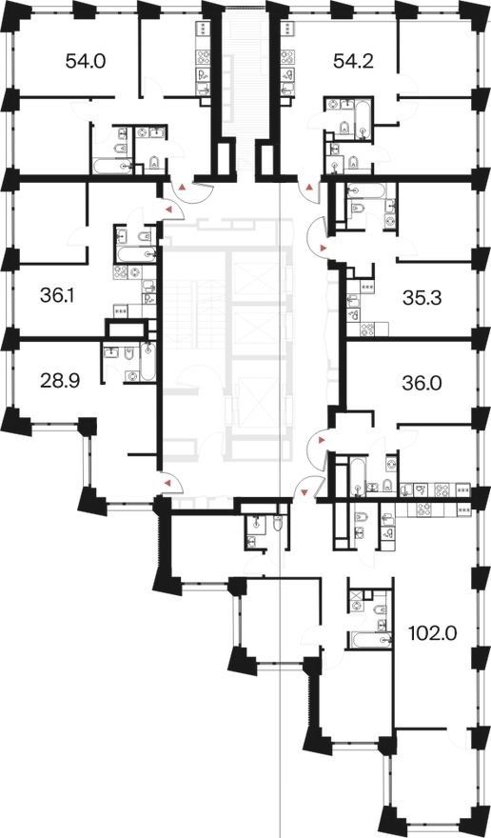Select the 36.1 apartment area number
[58, 294]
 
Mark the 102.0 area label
[433, 634]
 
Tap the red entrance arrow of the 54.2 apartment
[310, 187]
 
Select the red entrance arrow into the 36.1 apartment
[168, 210]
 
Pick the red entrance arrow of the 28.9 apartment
[168, 483]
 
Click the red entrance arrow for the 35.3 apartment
[322, 248]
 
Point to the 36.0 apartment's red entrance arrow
[322, 439]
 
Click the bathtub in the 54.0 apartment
[112, 166]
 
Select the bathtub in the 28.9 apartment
[148, 362]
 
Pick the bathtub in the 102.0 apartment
[370, 640]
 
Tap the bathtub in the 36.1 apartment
[136, 255]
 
